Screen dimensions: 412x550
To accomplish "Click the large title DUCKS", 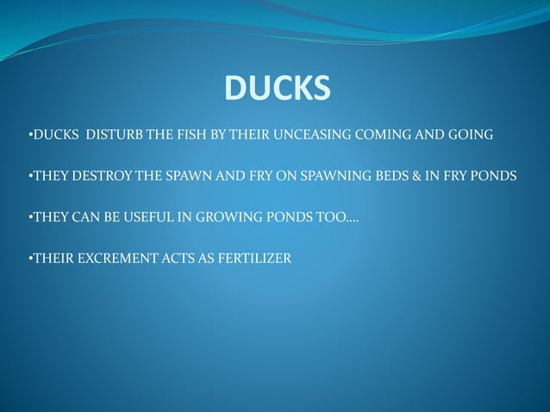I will pyautogui.click(x=277, y=88).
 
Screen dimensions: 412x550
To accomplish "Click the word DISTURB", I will pyautogui.click(x=111, y=135).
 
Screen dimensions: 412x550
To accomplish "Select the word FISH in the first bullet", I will pyautogui.click(x=184, y=135).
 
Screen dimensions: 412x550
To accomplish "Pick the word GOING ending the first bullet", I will pyautogui.click(x=471, y=135).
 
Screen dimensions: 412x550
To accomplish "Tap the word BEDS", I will pyautogui.click(x=379, y=176).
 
